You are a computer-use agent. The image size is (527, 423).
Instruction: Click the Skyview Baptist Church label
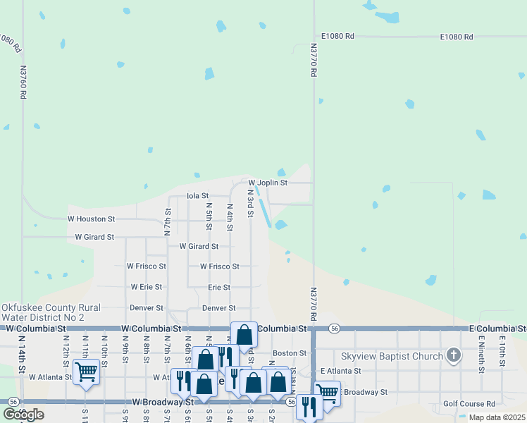pyautogui.click(x=392, y=356)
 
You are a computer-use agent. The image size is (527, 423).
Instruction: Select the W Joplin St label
pyautogui.click(x=268, y=183)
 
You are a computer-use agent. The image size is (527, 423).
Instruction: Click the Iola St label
pyautogui.click(x=197, y=196)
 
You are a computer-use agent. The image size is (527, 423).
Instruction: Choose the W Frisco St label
pyautogui.click(x=146, y=266)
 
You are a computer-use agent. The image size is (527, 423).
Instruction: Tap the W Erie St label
pyautogui.click(x=146, y=288)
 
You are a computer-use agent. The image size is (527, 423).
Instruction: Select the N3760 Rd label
pyautogui.click(x=23, y=83)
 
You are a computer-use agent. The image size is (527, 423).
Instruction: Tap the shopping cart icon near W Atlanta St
pyautogui.click(x=87, y=371)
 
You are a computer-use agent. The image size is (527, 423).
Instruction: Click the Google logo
pyautogui.click(x=23, y=415)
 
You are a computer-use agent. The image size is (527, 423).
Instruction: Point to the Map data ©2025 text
pyautogui.click(x=496, y=417)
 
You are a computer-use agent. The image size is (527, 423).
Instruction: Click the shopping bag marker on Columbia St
pyautogui.click(x=244, y=336)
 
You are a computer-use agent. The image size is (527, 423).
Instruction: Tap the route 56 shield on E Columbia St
pyautogui.click(x=335, y=329)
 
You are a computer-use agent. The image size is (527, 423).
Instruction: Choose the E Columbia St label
pyautogui.click(x=497, y=329)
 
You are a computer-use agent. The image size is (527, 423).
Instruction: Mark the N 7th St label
pyautogui.click(x=168, y=221)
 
